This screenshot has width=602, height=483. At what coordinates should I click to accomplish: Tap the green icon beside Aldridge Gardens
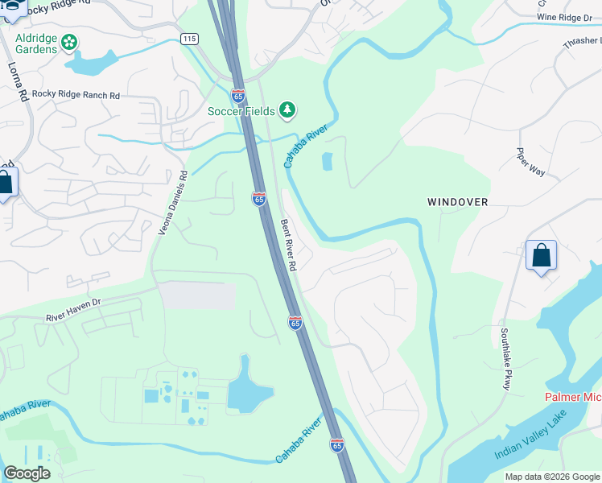point(70,41)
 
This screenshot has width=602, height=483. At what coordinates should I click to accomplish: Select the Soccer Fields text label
point(241,110)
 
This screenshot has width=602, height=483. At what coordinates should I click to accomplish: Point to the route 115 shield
point(189,39)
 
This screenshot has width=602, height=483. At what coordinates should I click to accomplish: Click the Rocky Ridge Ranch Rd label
point(76,95)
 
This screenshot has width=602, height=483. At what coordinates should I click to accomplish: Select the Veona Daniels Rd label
point(172,202)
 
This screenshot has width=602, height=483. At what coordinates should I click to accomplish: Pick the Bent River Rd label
point(289,245)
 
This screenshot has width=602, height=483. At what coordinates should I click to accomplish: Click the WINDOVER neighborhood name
point(457,202)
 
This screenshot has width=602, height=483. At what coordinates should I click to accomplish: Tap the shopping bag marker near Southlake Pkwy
point(541,256)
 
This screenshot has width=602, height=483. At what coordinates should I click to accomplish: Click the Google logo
point(27,473)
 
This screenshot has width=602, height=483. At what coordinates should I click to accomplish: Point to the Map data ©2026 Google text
point(552,477)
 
